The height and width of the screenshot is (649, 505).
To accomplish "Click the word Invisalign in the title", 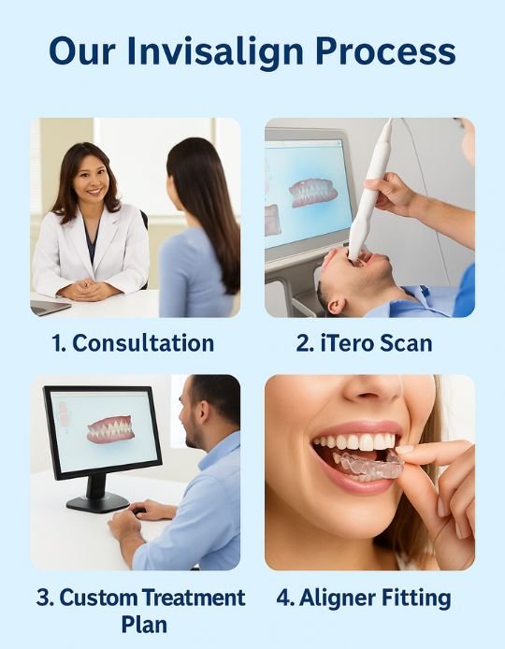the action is point(215,52).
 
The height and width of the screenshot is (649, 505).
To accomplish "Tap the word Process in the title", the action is point(385,51).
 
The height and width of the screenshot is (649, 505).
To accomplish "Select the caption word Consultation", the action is point(143,343).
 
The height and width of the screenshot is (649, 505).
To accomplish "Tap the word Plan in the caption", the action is point(144,624).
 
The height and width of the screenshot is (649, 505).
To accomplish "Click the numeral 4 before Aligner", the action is point(282,599).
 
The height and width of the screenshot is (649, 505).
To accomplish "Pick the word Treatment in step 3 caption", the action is point(194,598).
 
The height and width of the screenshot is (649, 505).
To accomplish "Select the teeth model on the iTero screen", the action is point(313,193).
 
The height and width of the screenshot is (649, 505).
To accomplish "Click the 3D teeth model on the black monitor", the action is point(110,429).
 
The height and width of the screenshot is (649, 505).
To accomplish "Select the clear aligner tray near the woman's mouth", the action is point(368,465).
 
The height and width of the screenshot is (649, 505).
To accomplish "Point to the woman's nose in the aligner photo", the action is point(372,391).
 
